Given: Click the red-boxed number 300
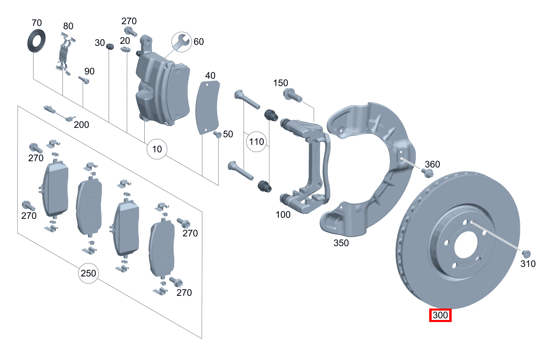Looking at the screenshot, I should click(440, 315).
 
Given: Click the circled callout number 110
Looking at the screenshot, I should click(256, 142).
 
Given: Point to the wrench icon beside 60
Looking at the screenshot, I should click(180, 42).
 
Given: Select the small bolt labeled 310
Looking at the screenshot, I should click(526, 253).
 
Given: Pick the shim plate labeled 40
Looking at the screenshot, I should click(208, 107).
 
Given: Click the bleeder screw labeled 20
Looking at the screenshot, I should click(125, 49).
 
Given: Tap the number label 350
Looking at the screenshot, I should click(341, 243).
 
